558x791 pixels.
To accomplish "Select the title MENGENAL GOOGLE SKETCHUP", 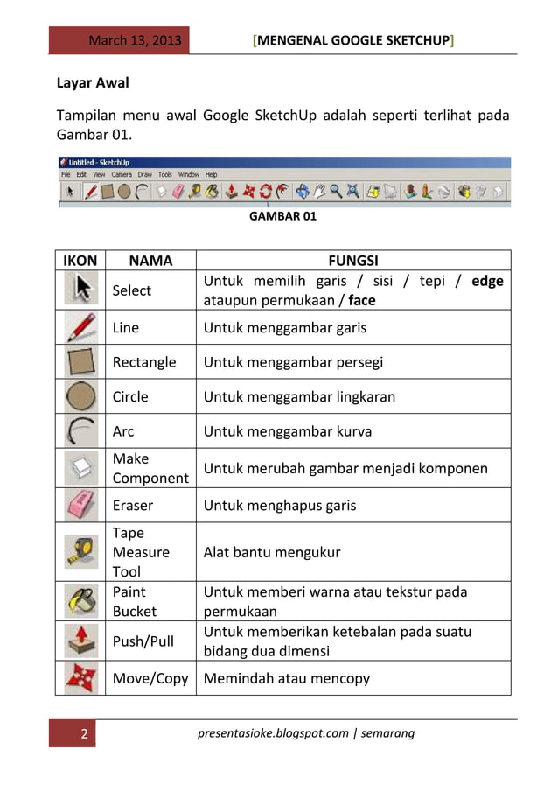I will click(x=352, y=41).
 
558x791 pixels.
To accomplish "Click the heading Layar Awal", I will click(x=94, y=84).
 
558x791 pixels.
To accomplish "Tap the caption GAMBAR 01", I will click(x=283, y=216).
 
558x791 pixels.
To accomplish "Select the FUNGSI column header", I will click(x=352, y=260).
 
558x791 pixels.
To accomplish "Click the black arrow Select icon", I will click(x=80, y=290).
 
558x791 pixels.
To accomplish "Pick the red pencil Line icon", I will click(x=80, y=328).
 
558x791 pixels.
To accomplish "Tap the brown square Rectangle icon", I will click(x=80, y=361).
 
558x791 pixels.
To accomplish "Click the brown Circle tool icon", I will click(x=80, y=396).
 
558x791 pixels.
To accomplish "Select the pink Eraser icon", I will click(x=80, y=505).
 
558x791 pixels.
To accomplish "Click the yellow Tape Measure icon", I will click(x=80, y=552).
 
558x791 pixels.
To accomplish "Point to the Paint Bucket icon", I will click(x=80, y=601).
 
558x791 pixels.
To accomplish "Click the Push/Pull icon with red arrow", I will click(x=80, y=640).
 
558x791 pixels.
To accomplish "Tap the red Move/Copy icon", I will click(x=80, y=677).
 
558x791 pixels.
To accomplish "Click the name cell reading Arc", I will click(x=124, y=431).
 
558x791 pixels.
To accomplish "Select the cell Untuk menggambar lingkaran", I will click(x=298, y=396).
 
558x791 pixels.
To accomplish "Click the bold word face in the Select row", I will click(x=363, y=300).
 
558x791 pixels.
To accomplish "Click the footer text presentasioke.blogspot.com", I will click(x=273, y=733).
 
